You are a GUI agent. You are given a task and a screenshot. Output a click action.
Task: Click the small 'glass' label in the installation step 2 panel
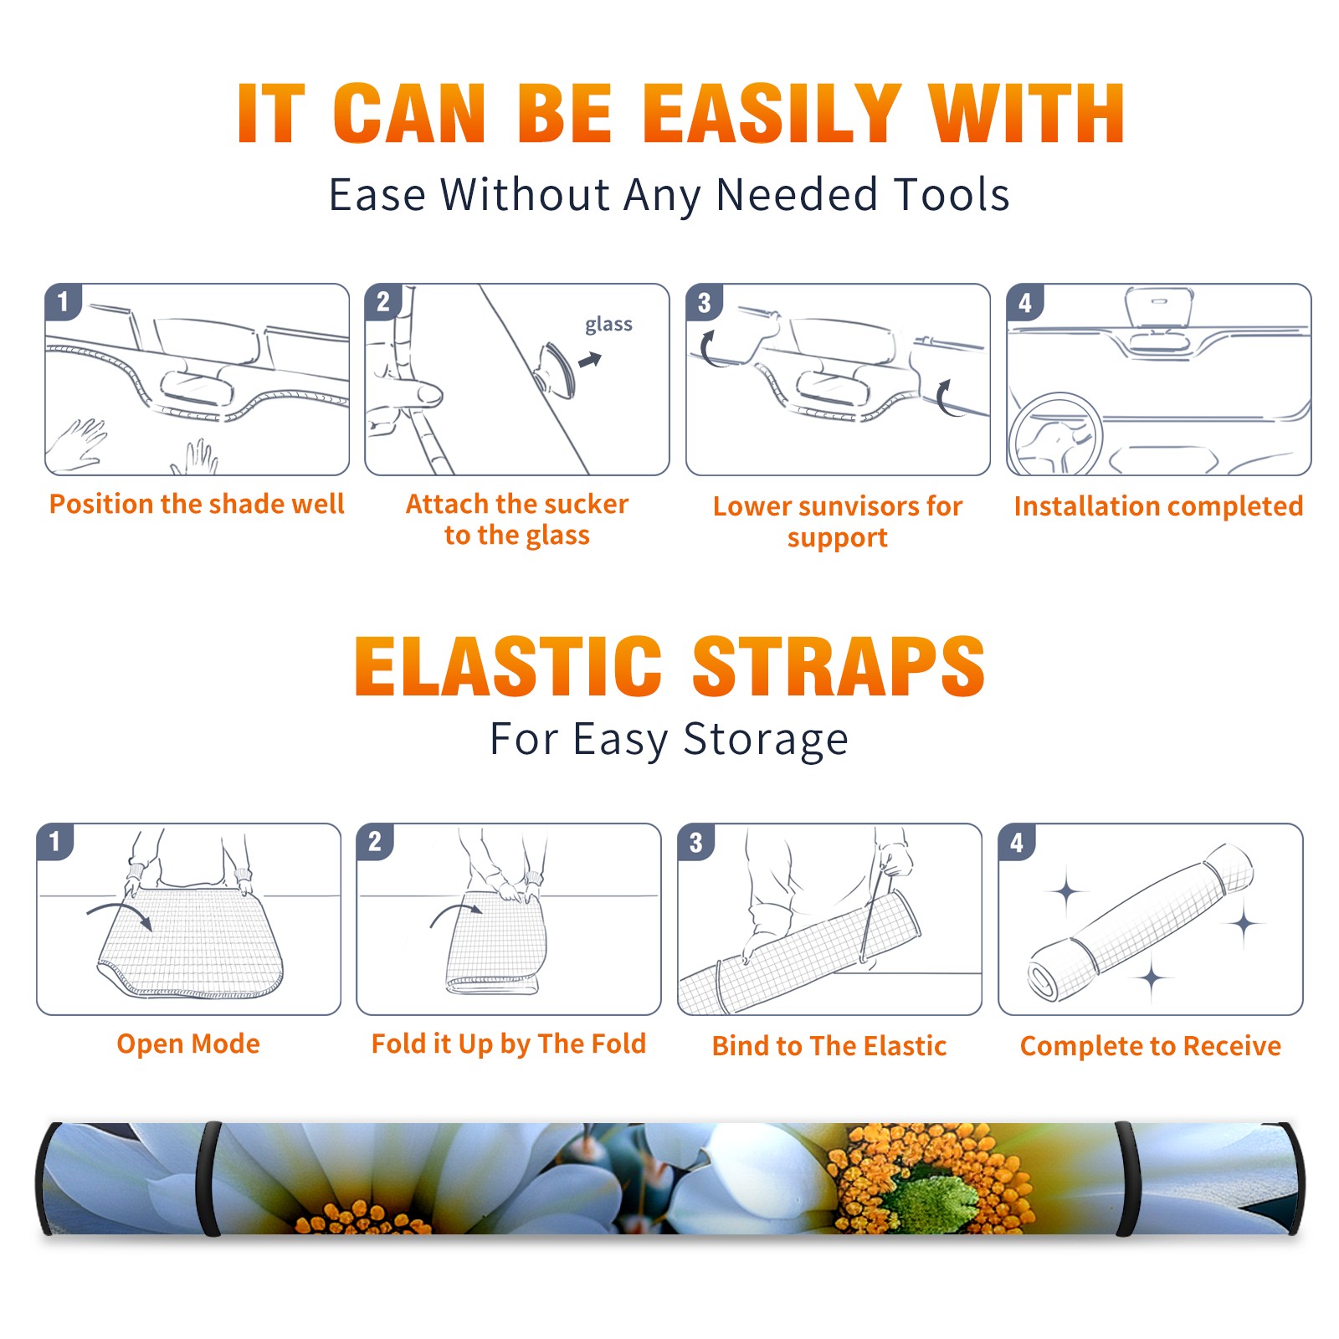pos(608,324)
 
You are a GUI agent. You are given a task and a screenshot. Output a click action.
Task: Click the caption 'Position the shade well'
pos(197,504)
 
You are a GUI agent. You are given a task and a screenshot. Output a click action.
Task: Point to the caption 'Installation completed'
pos(1158,506)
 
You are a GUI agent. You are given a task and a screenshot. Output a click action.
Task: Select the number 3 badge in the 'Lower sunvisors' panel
pos(704,302)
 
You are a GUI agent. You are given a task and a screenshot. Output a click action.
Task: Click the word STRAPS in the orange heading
pos(839,666)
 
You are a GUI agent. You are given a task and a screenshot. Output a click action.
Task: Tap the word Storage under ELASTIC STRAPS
pos(766,740)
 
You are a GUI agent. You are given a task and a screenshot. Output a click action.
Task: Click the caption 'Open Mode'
pos(188,1044)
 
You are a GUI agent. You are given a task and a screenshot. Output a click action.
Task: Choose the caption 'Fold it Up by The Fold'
pos(509,1044)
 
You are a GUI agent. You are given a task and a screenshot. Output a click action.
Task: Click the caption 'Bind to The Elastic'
pos(829,1046)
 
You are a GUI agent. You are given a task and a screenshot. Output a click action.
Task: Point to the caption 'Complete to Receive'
pos(1151,1046)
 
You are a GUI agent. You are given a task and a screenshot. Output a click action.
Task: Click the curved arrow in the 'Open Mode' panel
pos(119,911)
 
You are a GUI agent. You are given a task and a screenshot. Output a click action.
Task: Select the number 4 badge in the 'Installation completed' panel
pos(1025,302)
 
